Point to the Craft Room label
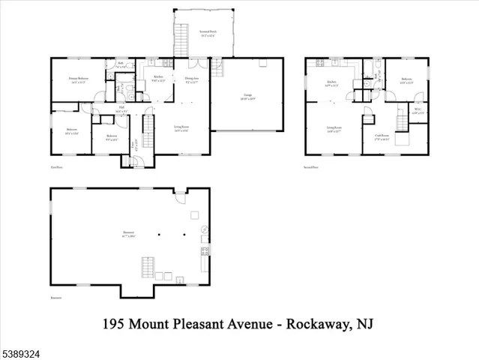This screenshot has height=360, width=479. point(383,136)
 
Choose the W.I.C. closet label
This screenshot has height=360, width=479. point(418,111)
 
